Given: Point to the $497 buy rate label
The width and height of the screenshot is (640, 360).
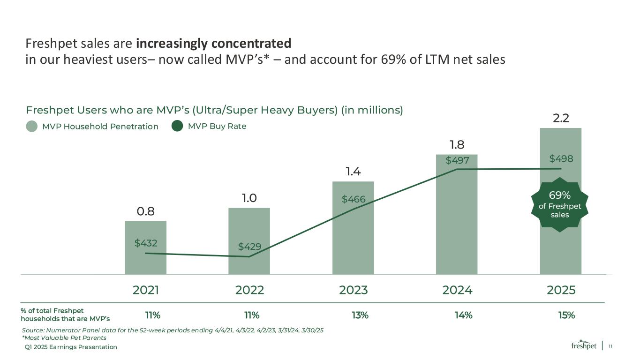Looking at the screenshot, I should pos(457,161).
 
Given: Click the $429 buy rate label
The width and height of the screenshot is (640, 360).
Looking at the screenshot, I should pos(249,246).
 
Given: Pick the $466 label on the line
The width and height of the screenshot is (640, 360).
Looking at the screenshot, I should pos(354,200).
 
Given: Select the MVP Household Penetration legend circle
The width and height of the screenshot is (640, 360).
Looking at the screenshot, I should pos(32,127).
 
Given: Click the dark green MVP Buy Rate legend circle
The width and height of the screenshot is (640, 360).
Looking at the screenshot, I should pos(177,127).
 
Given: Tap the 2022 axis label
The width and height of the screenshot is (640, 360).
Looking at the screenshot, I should pos(249,290).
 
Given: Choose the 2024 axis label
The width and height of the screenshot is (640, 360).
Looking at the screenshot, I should pos(457,290).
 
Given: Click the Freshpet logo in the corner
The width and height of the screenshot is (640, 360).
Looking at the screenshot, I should pos(584,345).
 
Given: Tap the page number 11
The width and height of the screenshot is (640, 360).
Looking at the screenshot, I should pos(610,346).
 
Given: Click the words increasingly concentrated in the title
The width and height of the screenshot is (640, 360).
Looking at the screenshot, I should pos(213,44).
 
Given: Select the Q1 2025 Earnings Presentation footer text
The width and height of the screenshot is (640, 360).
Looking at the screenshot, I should pos(71,347).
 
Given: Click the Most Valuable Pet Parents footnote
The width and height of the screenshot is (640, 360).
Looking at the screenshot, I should pos(64,338).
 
